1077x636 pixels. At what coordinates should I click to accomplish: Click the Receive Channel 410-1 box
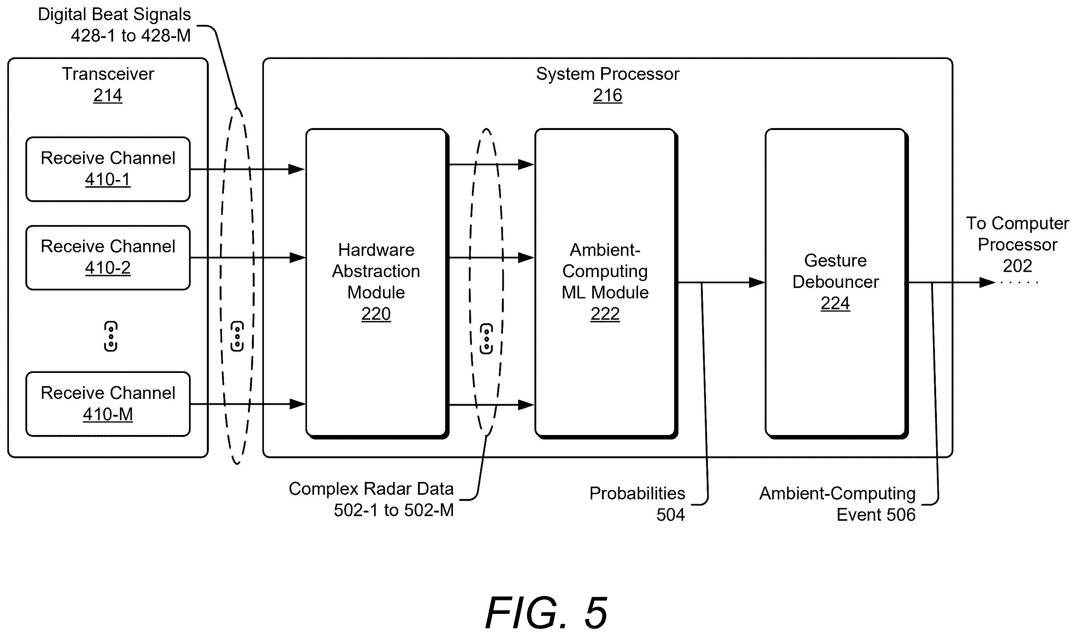(108, 169)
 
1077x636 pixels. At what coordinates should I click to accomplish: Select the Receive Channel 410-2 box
(108, 258)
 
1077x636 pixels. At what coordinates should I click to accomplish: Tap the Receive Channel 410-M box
(108, 404)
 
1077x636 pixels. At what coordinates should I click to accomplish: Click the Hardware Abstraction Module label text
(376, 271)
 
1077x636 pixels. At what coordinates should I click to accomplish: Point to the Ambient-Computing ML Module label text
(605, 271)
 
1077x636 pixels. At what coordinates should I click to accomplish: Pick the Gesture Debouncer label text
(835, 271)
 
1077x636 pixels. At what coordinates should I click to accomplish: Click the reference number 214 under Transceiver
(108, 95)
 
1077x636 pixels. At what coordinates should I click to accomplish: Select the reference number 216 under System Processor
(607, 95)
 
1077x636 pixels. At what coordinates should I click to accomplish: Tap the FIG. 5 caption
(546, 612)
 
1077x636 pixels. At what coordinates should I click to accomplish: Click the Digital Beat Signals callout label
(114, 25)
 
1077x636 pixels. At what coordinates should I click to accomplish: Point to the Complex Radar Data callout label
(371, 499)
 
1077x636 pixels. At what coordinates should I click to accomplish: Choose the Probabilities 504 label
(637, 504)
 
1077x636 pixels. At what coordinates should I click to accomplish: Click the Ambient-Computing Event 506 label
(838, 504)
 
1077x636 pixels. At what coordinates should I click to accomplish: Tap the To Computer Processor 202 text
(1018, 245)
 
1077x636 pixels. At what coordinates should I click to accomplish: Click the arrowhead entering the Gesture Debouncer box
(757, 282)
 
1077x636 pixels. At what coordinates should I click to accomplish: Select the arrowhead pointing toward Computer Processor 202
(987, 282)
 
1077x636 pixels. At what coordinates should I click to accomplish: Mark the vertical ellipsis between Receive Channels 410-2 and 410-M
(111, 336)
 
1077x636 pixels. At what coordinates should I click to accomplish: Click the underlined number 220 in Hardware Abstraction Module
(376, 314)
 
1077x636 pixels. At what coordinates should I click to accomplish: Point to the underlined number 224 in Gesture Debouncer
(835, 303)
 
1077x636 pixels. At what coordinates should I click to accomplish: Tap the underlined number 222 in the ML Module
(605, 314)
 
